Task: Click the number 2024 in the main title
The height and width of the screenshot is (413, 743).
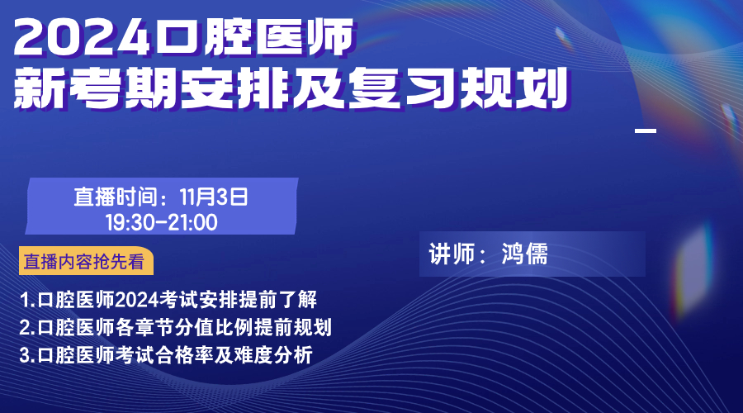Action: [83, 37]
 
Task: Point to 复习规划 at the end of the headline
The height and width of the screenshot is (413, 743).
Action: [458, 88]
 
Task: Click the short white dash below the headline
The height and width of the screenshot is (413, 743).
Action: [646, 131]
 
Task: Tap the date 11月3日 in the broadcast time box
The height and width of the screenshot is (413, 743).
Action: [214, 197]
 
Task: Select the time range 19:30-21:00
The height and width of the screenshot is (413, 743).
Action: [162, 222]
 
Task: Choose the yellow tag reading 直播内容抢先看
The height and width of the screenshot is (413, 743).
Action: [86, 261]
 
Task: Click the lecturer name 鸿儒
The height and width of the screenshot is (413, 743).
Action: [524, 254]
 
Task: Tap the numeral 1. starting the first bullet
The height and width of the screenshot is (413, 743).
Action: [27, 300]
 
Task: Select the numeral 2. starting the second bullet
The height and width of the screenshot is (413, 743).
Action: [27, 328]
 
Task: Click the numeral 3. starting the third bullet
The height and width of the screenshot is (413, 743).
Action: [27, 355]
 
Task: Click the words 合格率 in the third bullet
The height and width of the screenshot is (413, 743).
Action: [184, 355]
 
